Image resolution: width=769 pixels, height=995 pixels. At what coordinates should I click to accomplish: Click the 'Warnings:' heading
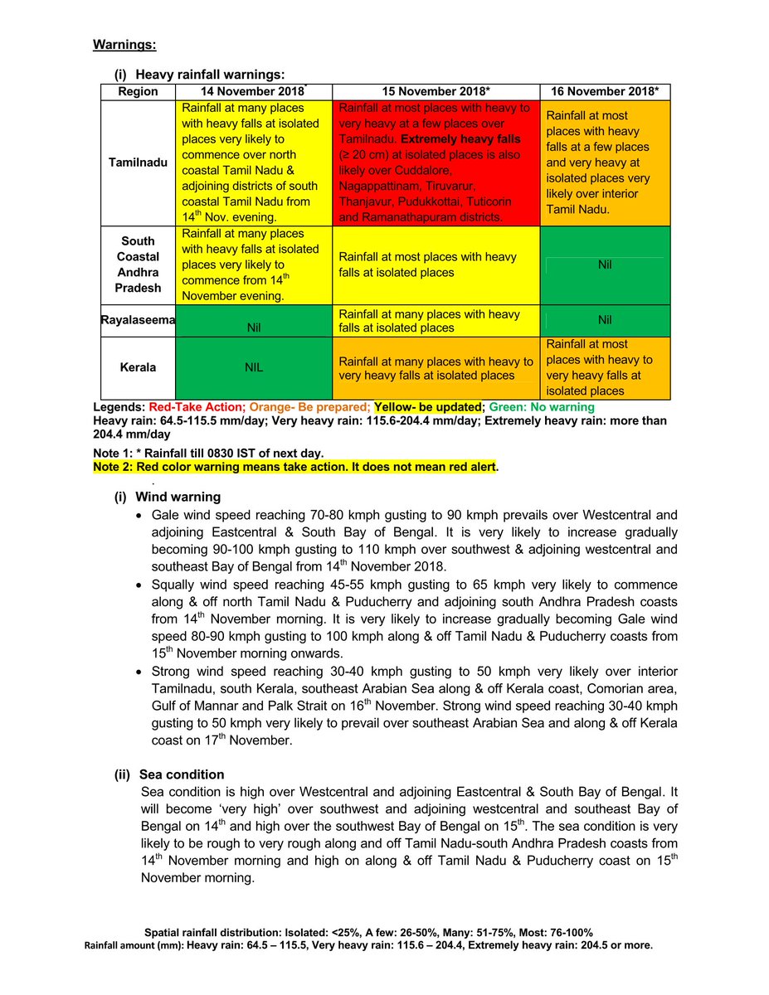124,44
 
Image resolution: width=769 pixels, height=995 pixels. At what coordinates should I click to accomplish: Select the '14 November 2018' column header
254,91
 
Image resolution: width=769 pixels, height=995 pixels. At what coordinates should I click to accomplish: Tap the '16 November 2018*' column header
605,91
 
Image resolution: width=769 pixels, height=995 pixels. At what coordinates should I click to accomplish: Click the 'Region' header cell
138,91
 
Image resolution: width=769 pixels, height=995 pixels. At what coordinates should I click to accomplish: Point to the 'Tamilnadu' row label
138,163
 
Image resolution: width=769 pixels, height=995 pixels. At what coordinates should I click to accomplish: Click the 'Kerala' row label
138,367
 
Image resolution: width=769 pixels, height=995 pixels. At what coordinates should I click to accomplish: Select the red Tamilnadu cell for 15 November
436,163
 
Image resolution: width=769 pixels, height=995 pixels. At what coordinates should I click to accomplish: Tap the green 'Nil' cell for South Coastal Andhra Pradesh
605,265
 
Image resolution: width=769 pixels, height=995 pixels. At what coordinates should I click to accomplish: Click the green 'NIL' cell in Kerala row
254,367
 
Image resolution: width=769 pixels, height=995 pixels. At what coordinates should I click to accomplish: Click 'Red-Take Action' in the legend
197,408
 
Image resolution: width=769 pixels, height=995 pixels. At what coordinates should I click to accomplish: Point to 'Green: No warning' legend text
542,408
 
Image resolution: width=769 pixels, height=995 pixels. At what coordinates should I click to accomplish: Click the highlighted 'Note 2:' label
114,467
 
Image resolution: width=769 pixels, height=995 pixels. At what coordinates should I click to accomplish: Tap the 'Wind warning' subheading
178,497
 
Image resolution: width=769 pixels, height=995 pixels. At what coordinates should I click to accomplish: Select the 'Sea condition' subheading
182,774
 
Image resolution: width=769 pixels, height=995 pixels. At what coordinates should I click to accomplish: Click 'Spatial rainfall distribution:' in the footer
212,932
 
